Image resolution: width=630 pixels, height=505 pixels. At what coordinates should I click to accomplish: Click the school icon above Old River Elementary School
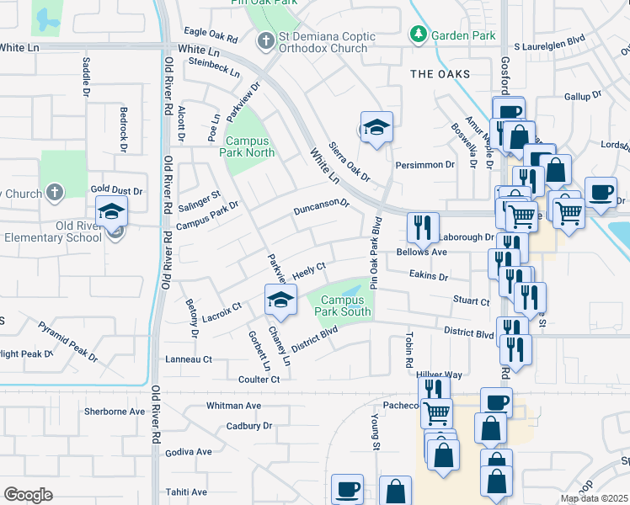coord(111,212)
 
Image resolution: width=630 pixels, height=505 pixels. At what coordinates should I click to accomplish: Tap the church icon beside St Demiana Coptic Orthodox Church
coord(265,40)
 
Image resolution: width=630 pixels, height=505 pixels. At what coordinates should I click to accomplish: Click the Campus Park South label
coord(343,306)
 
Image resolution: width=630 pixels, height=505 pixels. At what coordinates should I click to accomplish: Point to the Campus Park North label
coord(247,147)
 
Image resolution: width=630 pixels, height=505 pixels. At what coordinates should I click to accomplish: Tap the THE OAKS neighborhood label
coord(440,74)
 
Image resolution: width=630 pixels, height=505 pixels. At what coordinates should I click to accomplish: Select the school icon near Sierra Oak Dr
coord(376,128)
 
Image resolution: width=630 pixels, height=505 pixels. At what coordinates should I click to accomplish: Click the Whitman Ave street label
coord(233,406)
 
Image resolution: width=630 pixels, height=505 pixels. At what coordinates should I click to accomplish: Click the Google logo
coord(28,494)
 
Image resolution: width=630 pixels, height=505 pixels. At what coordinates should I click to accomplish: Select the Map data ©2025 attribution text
coord(594,499)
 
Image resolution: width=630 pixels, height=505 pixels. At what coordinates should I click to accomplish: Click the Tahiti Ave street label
coord(187,492)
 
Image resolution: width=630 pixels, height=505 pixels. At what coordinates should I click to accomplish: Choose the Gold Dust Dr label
coord(117,192)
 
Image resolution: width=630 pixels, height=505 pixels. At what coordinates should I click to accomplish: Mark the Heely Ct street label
coord(309,269)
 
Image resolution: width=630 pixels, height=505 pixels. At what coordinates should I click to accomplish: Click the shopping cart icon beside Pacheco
coord(436,412)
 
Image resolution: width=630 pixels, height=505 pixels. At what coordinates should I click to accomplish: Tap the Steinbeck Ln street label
coord(215,62)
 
